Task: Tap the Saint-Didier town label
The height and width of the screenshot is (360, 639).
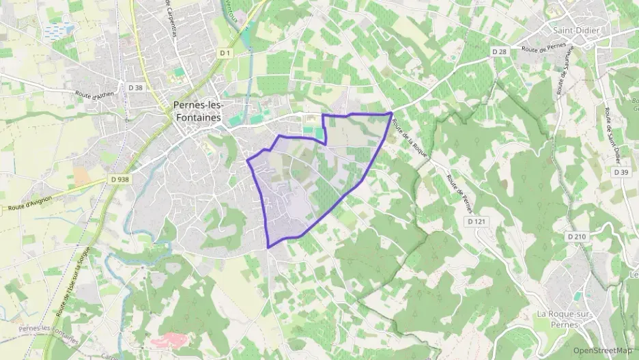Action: (x=571, y=30)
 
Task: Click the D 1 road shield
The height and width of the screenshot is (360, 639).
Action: (x=226, y=53)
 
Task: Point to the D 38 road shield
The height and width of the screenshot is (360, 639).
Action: (x=135, y=87)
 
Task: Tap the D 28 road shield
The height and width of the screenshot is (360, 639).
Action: (x=500, y=52)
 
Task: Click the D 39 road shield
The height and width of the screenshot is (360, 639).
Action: (x=621, y=172)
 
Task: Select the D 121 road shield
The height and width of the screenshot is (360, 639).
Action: (x=477, y=222)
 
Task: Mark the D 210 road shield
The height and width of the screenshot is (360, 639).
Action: (x=576, y=236)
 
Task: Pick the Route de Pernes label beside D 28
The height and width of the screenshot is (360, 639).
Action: (x=543, y=48)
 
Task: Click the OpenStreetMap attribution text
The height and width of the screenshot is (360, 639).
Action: (x=602, y=350)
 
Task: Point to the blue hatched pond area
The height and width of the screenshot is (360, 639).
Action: (x=59, y=31)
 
